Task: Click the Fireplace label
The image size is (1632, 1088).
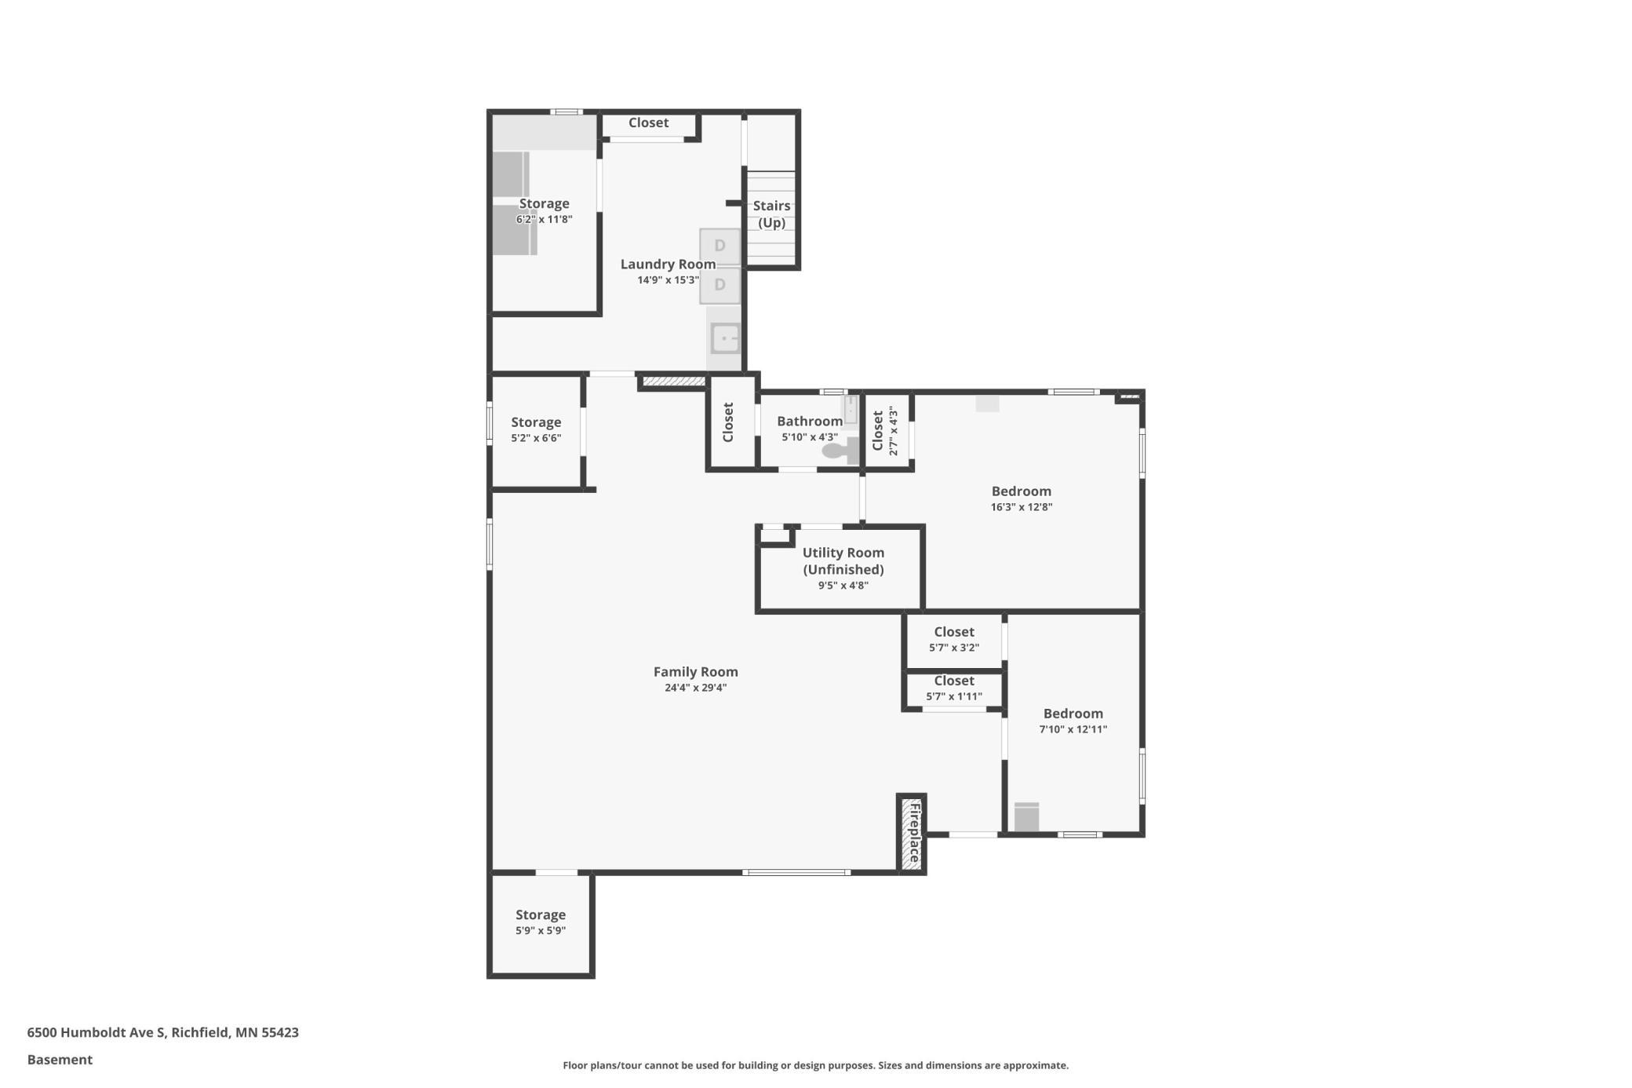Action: coord(913,833)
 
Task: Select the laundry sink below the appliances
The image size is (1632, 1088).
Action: coord(725,338)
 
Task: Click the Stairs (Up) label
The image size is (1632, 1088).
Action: coord(771,214)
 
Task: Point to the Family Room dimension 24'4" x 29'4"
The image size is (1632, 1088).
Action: coord(695,688)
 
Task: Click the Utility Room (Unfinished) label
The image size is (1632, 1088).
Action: coord(843,560)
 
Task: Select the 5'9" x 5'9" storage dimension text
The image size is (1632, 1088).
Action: coord(540,930)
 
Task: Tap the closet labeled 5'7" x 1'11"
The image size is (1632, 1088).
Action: coord(953,688)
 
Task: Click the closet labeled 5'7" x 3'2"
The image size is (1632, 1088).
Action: coord(953,639)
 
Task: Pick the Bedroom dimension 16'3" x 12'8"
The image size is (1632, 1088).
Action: coord(1021,507)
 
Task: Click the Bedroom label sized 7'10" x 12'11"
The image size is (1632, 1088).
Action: coord(1073,714)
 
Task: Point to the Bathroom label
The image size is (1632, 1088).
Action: coord(809,422)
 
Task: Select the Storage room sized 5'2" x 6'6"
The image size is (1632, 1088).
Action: coord(536,429)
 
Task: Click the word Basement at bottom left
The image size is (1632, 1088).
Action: coord(60,1060)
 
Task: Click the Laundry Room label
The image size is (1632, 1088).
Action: coord(668,265)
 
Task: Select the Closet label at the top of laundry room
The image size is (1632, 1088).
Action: coord(648,123)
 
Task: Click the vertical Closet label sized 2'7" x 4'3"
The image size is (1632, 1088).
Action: coord(878,431)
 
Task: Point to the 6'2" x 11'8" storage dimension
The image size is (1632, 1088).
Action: coord(544,220)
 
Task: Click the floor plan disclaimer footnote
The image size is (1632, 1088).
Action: coord(815,1065)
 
